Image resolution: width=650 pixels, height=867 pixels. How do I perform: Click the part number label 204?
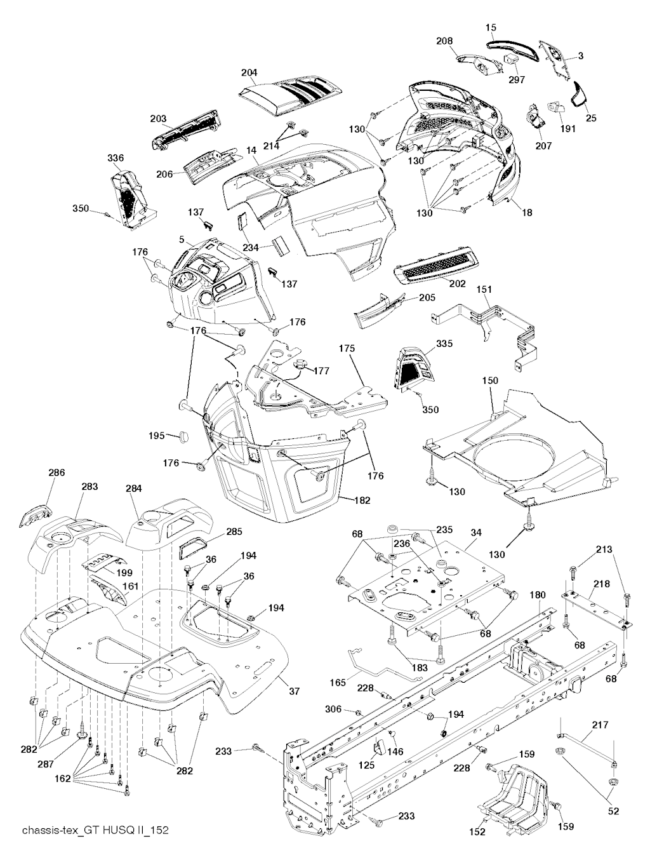(249, 73)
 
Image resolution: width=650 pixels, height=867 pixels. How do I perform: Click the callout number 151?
(484, 290)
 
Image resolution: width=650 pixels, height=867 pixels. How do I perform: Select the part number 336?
(116, 158)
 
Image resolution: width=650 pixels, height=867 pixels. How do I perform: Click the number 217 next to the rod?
(600, 725)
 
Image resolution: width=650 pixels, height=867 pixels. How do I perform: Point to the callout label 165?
(338, 683)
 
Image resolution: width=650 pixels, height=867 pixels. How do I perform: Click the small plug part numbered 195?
(185, 436)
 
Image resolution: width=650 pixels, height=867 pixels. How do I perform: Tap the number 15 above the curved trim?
(491, 27)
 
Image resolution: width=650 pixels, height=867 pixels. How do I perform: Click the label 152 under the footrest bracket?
(477, 831)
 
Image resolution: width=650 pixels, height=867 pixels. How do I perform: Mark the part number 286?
(57, 473)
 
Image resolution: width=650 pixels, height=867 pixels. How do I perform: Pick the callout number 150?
(490, 380)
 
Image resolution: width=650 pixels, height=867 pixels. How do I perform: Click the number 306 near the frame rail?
(333, 709)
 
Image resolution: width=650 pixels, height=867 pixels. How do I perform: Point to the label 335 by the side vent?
(444, 344)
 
